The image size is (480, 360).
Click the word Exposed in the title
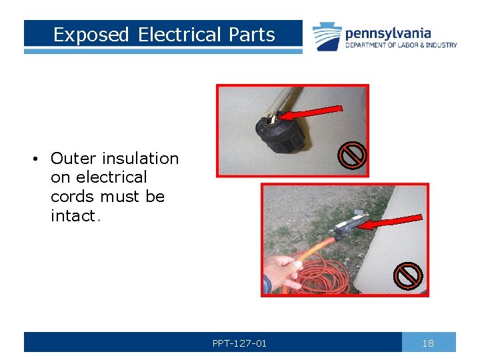[x=91, y=35]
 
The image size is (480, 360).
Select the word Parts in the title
[x=253, y=35]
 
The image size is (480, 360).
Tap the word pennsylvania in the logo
[x=387, y=33]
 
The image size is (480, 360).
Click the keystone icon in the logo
[x=327, y=36]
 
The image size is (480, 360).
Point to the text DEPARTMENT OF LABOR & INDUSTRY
[x=401, y=45]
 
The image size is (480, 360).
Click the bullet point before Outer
[x=33, y=159]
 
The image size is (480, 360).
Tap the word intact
[x=73, y=216]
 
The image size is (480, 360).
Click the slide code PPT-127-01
[x=239, y=343]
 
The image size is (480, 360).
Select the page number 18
[x=428, y=343]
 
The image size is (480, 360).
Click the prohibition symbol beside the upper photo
[x=352, y=157]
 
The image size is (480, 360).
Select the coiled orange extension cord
[x=320, y=273]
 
